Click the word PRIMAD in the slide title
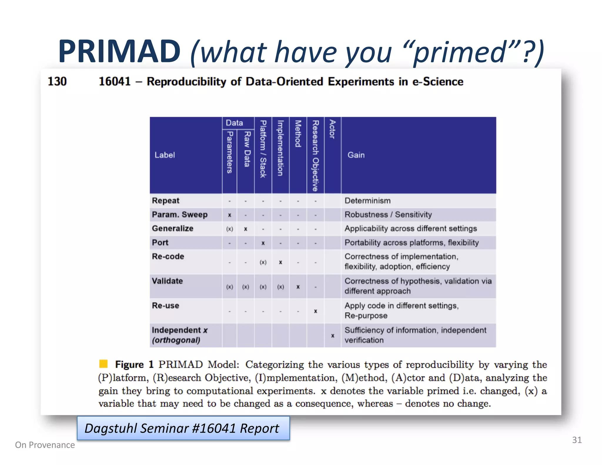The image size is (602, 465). click(x=119, y=51)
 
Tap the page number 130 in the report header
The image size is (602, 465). click(x=57, y=81)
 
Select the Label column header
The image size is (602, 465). click(x=165, y=155)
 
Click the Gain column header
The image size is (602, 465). click(x=356, y=155)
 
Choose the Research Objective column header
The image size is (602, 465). click(x=315, y=155)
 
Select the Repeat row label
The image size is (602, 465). click(x=165, y=201)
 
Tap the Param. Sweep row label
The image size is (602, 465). click(x=180, y=215)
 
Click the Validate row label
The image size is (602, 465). click(x=167, y=281)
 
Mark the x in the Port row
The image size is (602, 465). click(x=263, y=243)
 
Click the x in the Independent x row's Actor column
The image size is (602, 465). click(x=332, y=335)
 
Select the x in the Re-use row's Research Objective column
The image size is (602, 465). click(x=315, y=311)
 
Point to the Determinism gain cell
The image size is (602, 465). click(x=367, y=201)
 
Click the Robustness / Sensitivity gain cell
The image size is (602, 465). click(x=388, y=215)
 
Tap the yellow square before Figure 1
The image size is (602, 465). click(x=103, y=364)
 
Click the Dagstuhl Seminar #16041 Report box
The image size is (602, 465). click(x=183, y=428)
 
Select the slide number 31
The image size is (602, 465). click(x=577, y=440)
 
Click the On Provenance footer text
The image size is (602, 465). click(x=45, y=445)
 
